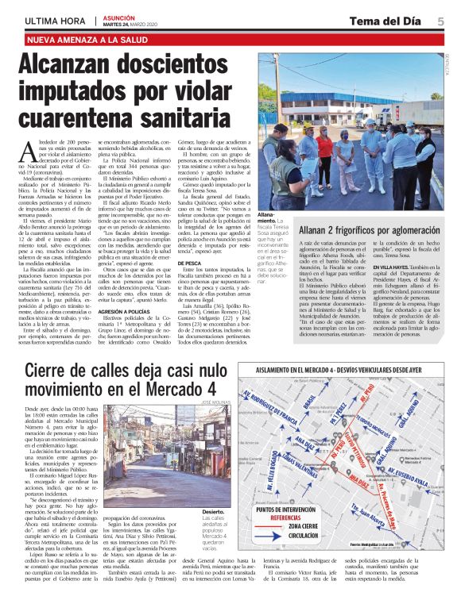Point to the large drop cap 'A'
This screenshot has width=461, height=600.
pyautogui.click(x=32, y=148)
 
